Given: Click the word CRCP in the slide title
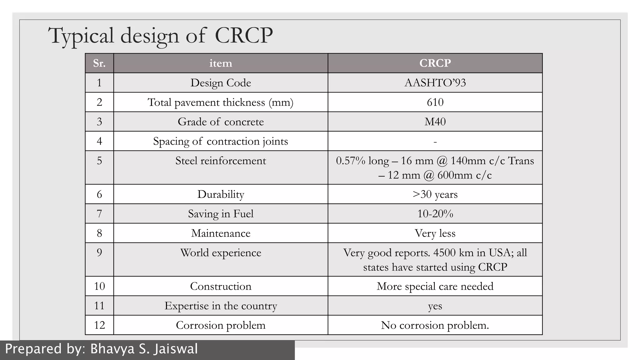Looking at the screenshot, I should tap(244, 35).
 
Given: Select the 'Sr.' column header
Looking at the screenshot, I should tap(99, 63).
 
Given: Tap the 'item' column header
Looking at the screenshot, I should tap(221, 63).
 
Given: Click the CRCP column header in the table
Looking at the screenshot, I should tap(435, 63).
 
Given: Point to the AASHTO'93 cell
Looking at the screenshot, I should tap(435, 83).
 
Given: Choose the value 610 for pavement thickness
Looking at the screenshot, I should tap(435, 102).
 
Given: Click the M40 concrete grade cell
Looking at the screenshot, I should tap(435, 122).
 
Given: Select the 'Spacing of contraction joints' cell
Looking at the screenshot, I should tap(221, 141).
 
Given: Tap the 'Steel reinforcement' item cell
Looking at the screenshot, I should tap(221, 161).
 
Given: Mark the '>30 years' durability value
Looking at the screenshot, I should tap(435, 194).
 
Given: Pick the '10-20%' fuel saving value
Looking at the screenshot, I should tap(435, 214).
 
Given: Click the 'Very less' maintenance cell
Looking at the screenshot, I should tap(435, 233).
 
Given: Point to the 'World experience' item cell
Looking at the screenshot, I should tap(221, 252).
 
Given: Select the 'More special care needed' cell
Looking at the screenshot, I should tap(435, 286).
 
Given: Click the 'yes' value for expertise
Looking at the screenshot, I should tap(435, 306).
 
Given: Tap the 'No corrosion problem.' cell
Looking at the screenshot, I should tap(435, 325).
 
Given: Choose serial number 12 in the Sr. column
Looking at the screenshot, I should tap(99, 325).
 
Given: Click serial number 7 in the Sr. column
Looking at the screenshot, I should tap(99, 214).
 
